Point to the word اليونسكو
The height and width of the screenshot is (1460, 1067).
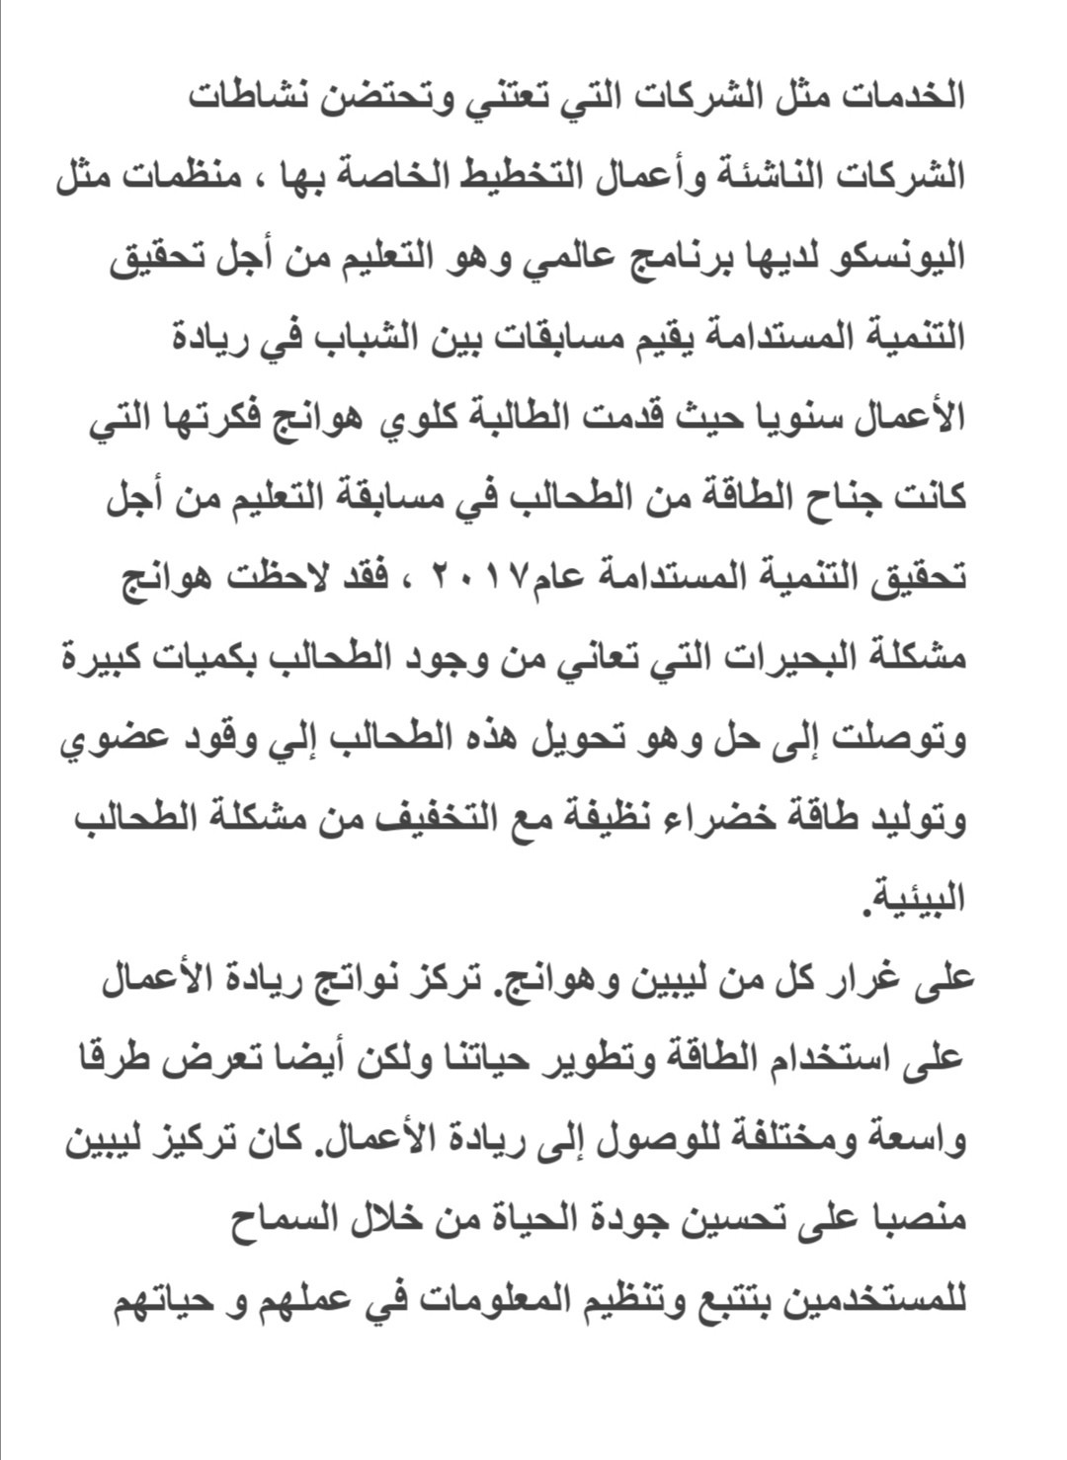(x=894, y=259)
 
